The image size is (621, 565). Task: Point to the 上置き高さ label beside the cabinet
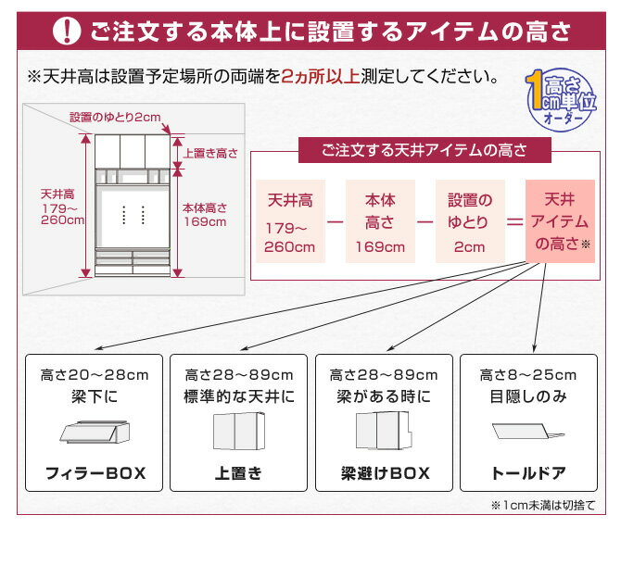(x=211, y=154)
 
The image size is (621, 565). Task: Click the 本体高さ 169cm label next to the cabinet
(x=204, y=215)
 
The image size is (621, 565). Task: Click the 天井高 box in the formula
(x=290, y=222)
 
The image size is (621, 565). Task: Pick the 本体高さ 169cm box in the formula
(x=379, y=222)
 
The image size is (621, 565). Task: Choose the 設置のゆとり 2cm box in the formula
(x=469, y=222)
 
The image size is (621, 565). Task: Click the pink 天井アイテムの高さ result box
(x=559, y=222)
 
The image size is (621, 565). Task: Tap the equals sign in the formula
(x=513, y=223)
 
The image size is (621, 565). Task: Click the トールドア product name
(x=527, y=473)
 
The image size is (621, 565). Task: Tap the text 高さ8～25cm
(x=527, y=375)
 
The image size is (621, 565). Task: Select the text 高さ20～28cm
(x=95, y=375)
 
